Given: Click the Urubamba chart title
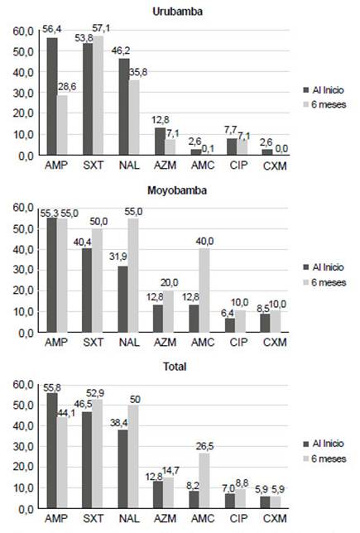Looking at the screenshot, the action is tap(177, 12).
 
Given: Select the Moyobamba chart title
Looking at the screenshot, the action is tap(177, 190).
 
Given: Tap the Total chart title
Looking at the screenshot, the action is tap(175, 367).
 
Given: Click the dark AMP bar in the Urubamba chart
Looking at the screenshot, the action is tap(52, 96).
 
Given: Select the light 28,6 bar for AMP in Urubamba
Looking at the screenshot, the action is tap(62, 125).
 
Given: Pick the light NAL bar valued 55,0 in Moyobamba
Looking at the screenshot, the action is tap(133, 275).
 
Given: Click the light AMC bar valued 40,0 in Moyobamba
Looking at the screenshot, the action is tap(204, 291).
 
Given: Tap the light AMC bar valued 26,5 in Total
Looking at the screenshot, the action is tap(204, 481).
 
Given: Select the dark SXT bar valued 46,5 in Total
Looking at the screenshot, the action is tap(87, 460).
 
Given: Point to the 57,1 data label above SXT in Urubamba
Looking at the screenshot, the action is tap(101, 28).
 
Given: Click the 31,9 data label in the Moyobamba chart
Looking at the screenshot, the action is tap(118, 257).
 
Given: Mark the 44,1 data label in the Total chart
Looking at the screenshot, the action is tap(66, 413).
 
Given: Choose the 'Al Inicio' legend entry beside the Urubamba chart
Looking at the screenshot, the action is tap(324, 90).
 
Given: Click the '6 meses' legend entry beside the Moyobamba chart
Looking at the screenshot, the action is tap(324, 282).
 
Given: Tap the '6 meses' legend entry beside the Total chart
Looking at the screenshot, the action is tap(324, 459).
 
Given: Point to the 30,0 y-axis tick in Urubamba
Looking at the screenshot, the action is tap(23, 93).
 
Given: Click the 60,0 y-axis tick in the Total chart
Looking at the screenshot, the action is tap(23, 385).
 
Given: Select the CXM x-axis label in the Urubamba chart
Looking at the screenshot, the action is tap(275, 166).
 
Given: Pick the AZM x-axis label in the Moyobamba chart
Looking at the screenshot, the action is tap(166, 342).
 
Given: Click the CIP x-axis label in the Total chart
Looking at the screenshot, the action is tap(238, 518).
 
